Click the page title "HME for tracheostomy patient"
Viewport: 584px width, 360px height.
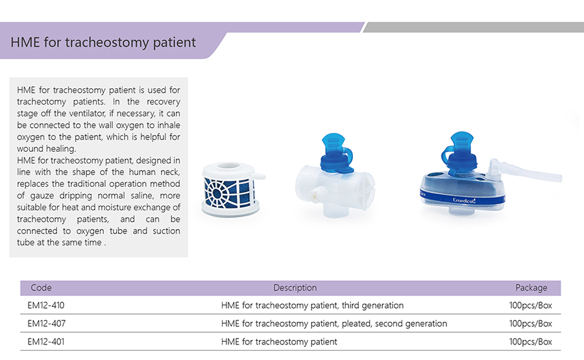[x=103, y=42]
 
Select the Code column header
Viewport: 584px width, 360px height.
[x=41, y=288]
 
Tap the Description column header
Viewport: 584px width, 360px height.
[x=295, y=288]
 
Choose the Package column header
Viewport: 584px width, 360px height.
[x=531, y=288]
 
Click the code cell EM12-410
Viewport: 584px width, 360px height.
[x=46, y=306]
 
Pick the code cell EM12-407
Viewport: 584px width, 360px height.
[x=46, y=324]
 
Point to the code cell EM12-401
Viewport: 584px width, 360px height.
[x=46, y=342]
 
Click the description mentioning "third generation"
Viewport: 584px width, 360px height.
[x=312, y=306]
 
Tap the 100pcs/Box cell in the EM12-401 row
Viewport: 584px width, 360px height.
[x=530, y=342]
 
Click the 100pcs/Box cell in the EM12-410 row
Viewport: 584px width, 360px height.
[x=530, y=306]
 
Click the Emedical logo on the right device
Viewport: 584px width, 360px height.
[x=464, y=200]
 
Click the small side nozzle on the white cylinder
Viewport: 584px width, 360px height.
[x=258, y=176]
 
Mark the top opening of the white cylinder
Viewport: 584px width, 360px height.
[x=228, y=166]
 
